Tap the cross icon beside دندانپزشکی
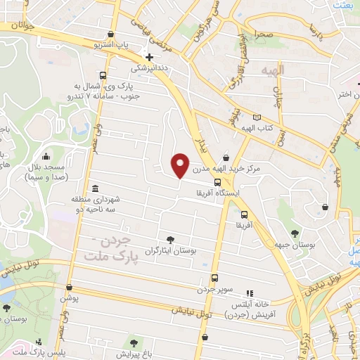[x=148, y=57]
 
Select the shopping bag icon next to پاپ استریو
[x=110, y=34]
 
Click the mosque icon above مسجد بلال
[x=46, y=156]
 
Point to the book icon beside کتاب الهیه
[x=257, y=117]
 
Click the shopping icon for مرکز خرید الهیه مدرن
[x=226, y=157]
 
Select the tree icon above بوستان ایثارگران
[x=170, y=239]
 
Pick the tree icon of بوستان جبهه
[x=294, y=232]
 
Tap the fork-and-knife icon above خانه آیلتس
[x=248, y=293]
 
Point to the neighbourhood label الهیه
[x=271, y=72]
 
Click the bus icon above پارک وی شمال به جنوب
[x=103, y=75]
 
